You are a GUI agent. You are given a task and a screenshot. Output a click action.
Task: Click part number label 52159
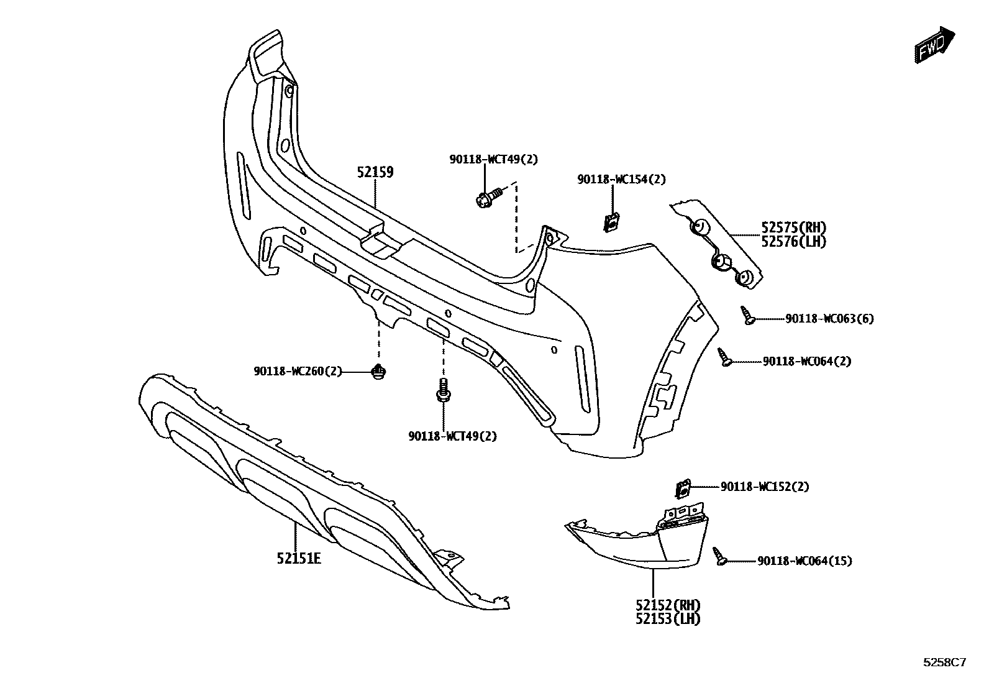[375, 172]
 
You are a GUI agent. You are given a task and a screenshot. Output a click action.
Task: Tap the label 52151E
[299, 558]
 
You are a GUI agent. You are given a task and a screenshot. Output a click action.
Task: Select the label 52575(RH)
[794, 227]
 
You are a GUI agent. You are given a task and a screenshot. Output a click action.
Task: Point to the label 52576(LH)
[794, 242]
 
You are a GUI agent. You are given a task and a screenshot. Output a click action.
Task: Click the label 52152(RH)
[668, 605]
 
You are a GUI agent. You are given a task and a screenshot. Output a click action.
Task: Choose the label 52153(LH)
[668, 619]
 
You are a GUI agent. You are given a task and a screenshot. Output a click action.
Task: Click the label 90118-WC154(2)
[621, 180]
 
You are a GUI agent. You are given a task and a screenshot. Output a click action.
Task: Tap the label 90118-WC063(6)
[829, 319]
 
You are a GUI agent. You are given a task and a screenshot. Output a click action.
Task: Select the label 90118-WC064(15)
[804, 561]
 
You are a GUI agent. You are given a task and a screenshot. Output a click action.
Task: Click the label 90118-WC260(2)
[298, 372]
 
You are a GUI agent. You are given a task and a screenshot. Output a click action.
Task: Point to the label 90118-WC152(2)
[765, 487]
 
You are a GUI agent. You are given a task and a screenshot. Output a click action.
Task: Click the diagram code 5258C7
[944, 662]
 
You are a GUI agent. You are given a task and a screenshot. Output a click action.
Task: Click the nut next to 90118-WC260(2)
[378, 373]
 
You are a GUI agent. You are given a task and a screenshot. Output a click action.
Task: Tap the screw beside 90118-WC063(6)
[748, 316]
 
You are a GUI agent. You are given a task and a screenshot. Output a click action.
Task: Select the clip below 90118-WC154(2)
[611, 221]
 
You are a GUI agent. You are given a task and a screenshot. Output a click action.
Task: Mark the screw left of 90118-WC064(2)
[726, 357]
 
